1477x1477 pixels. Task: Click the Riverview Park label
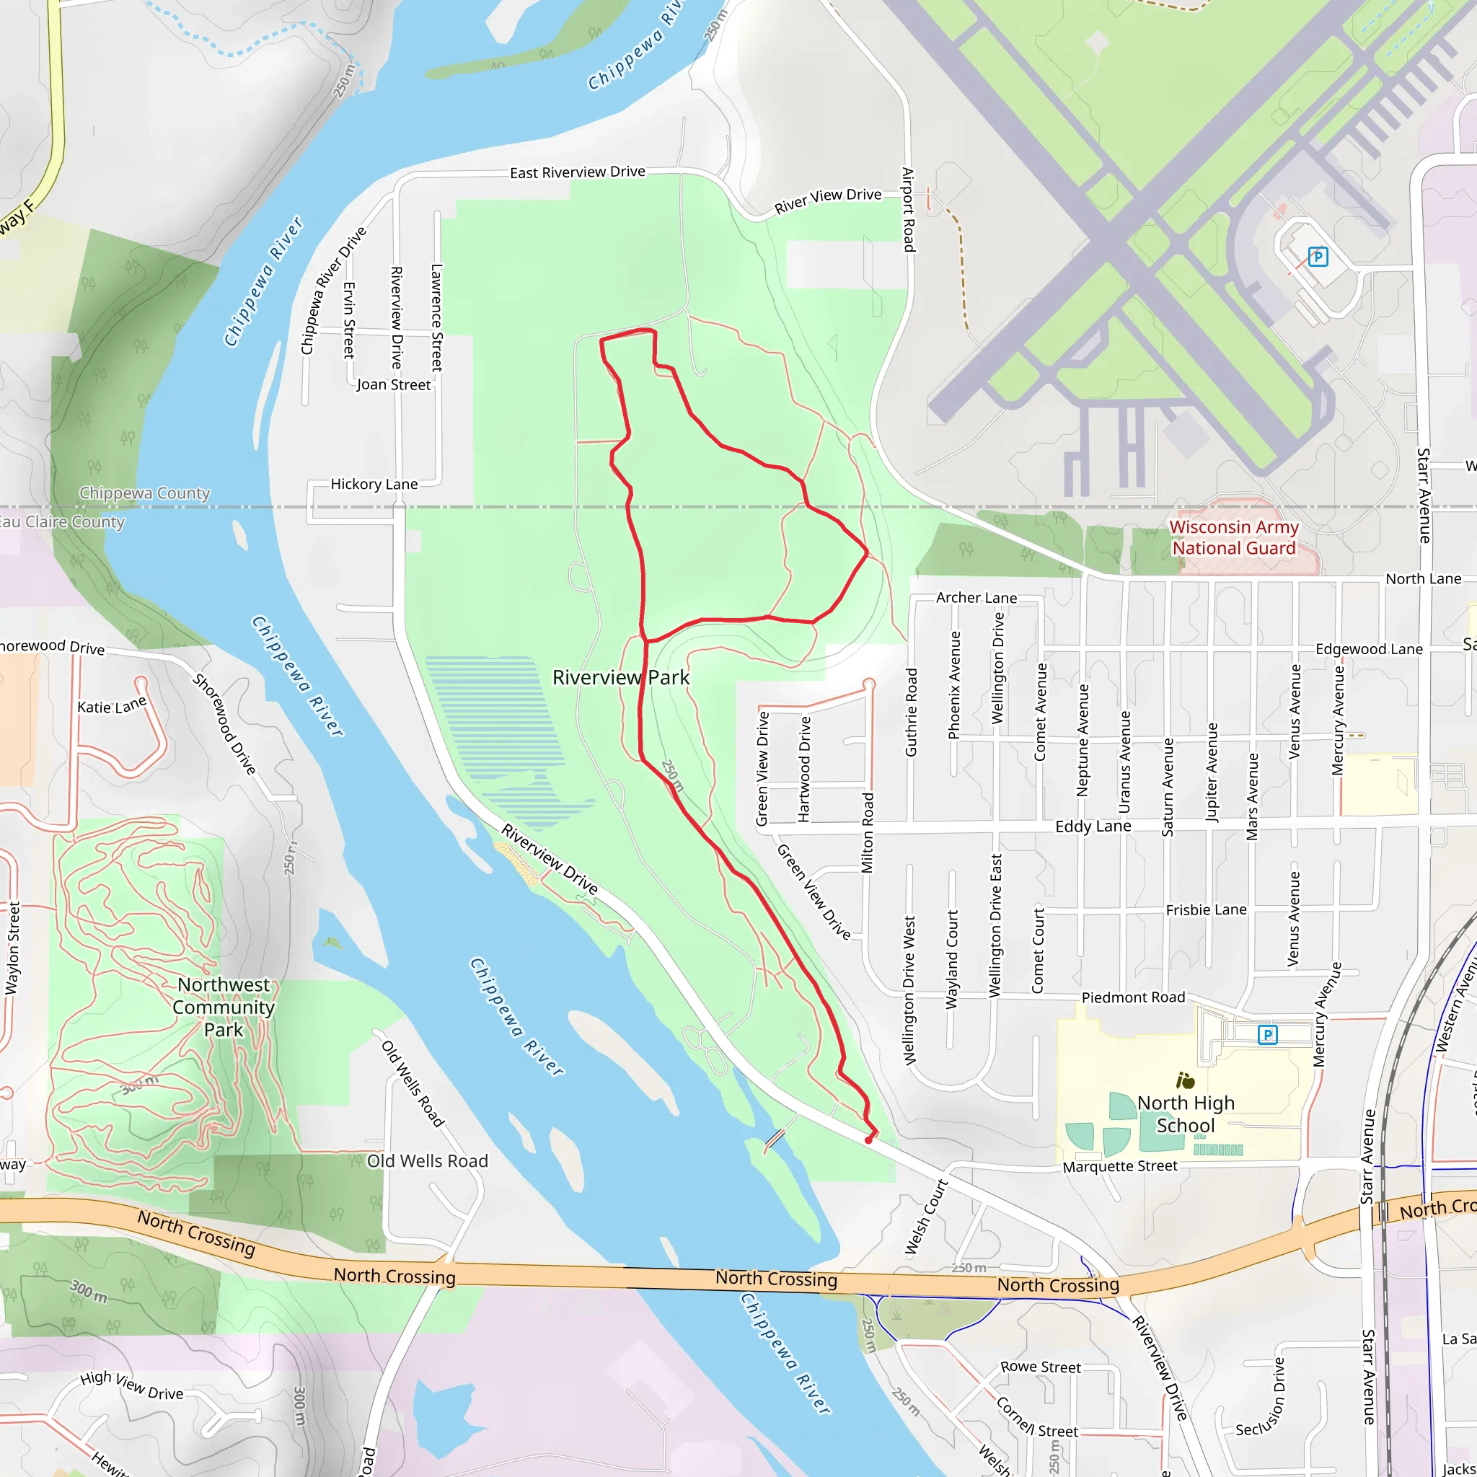pos(621,677)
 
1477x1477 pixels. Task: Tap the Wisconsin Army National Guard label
pos(1233,537)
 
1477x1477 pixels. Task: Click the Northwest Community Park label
pos(224,1007)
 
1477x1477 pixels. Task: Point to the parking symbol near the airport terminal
pos(1317,257)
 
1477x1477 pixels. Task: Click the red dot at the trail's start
pos(868,1141)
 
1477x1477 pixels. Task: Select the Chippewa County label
pos(144,493)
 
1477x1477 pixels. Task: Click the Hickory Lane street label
pos(374,484)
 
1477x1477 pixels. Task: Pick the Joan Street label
pos(394,384)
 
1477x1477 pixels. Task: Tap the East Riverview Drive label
pos(577,172)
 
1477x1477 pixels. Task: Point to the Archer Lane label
pos(976,598)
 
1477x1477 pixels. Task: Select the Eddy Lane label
pos(1093,826)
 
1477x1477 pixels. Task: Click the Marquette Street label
pos(1120,1166)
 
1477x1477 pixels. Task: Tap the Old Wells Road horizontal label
pos(428,1161)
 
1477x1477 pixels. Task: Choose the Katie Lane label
pos(112,705)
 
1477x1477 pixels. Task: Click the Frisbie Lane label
pos(1206,909)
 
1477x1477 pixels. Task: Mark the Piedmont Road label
pos(1133,997)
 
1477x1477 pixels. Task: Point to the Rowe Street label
pos(1041,1367)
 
